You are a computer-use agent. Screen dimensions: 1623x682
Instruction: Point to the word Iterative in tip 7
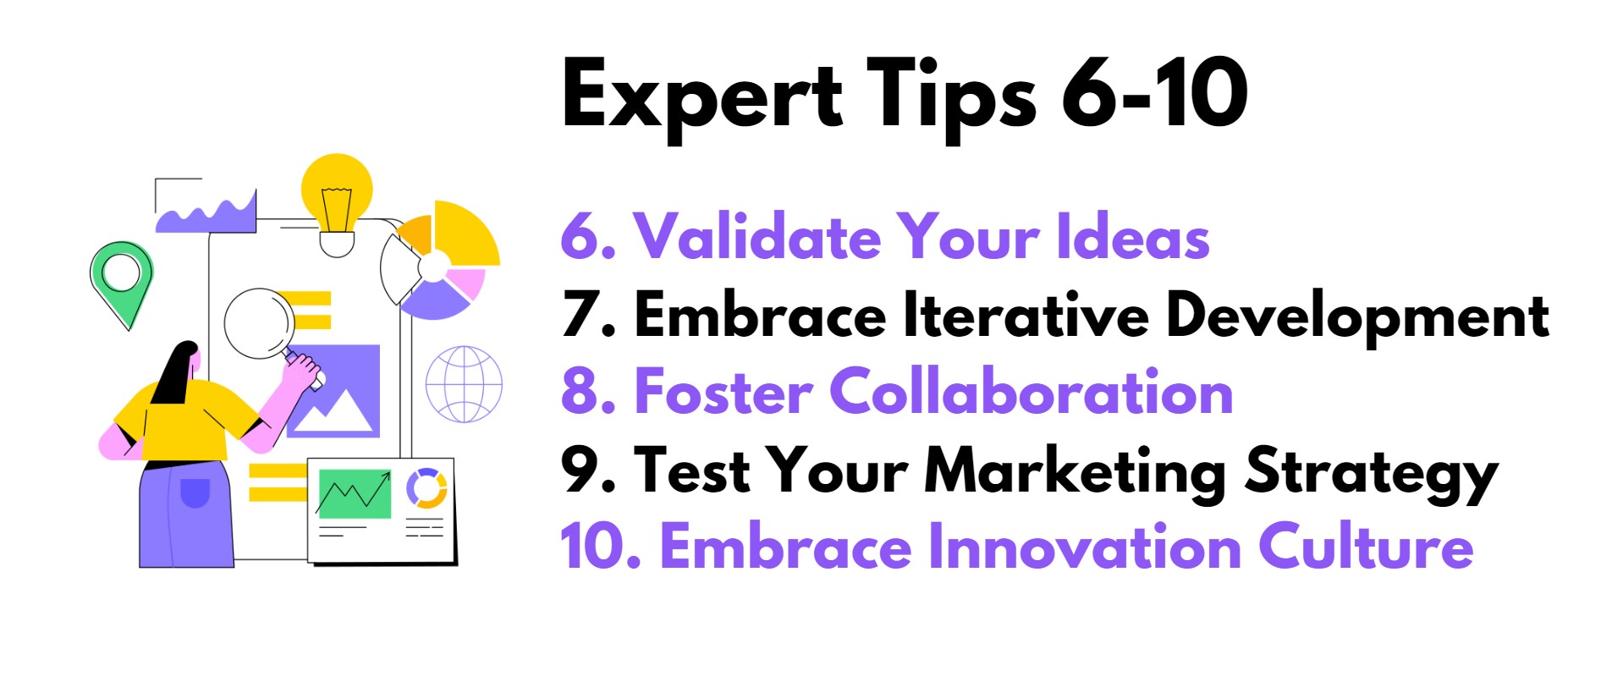coord(1026,314)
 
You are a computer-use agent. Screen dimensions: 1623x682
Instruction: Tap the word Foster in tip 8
coord(723,392)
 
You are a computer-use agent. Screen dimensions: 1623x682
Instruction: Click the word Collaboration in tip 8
coord(1031,392)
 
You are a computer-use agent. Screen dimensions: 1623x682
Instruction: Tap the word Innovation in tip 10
coord(1085,547)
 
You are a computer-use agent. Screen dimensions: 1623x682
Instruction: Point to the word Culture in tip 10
coord(1366,547)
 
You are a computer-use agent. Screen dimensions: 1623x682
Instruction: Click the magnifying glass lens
coord(259,325)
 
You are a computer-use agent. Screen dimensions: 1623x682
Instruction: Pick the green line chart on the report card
coord(355,493)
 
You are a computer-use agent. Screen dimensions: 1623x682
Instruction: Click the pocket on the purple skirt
coord(195,492)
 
